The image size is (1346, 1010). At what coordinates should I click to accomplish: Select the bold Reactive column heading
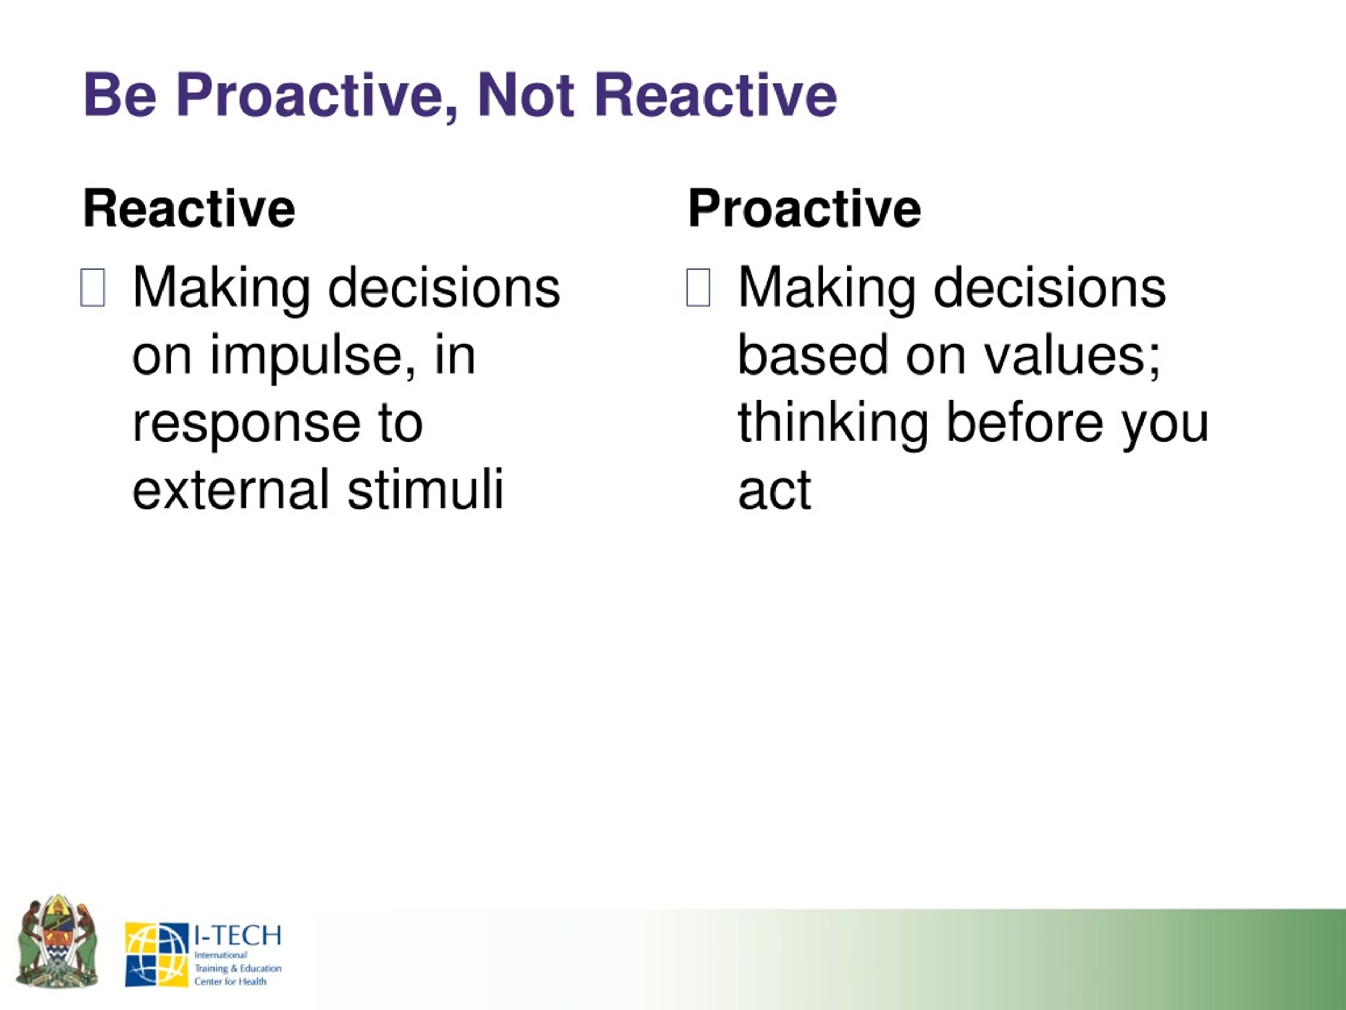coord(189,209)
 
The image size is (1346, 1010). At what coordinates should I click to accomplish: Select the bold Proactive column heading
coord(804,209)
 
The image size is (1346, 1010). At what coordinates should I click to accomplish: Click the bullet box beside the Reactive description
coord(93,287)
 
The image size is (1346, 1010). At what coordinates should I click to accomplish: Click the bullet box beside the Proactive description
coord(698,287)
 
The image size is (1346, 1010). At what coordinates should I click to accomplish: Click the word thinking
coord(833,426)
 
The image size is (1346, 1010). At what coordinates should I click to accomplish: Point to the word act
coord(774,491)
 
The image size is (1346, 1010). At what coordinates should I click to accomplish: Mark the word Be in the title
coord(120,96)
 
